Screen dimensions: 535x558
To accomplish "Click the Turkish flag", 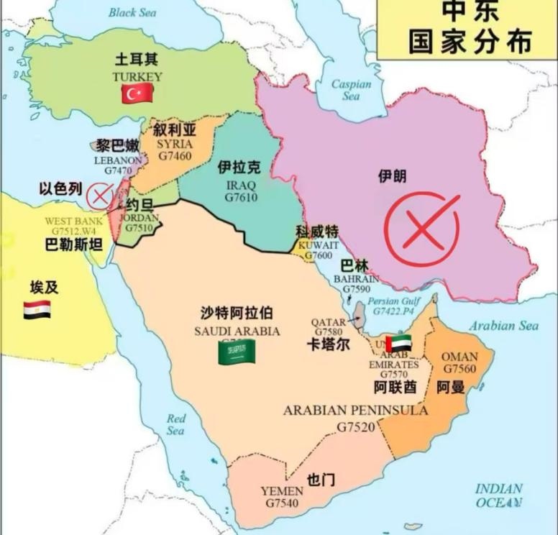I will pos(137,93).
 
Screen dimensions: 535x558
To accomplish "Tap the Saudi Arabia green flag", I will pos(237,351).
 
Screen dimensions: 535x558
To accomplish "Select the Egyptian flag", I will pos(37,310).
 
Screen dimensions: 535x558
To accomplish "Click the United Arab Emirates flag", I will pos(398,343).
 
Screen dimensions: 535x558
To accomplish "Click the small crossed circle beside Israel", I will pos(99,195).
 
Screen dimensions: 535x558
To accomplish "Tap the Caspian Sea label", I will pos(351,90).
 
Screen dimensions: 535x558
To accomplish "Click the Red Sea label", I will pos(176,424).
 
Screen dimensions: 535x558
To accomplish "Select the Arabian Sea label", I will pos(504,326).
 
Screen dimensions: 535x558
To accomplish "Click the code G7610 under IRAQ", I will pos(240,197).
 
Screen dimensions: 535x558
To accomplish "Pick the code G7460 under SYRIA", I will pos(175,155).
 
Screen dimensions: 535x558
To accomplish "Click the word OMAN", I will pos(459,357).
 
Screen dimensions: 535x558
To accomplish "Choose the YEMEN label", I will pos(282,491).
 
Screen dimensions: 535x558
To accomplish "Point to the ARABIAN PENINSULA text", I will pos(355,411).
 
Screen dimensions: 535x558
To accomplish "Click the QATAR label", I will pos(328,322).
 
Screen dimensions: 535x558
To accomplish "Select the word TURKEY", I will pos(137,76).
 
